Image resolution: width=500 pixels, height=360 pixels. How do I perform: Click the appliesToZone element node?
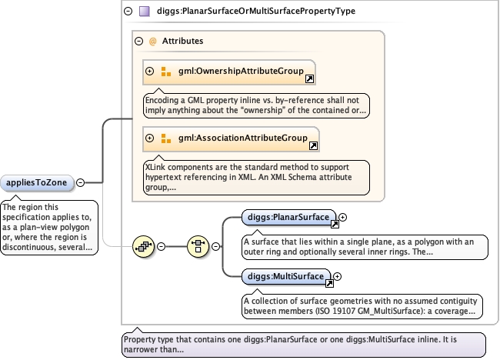(37, 183)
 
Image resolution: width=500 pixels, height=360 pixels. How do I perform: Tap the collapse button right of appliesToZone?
(80, 183)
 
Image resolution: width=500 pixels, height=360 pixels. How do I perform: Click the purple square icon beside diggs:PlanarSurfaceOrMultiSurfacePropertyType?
(145, 12)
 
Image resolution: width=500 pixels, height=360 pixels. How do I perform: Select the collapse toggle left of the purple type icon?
(128, 12)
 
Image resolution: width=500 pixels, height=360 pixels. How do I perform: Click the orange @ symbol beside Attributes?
(153, 41)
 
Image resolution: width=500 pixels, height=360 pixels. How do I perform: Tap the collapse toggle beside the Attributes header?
(138, 41)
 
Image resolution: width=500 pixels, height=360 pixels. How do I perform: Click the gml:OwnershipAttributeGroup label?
(241, 71)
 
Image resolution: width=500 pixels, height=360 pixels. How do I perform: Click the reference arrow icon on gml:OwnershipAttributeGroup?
(309, 78)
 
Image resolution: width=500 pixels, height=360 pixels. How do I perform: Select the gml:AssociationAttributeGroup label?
(242, 138)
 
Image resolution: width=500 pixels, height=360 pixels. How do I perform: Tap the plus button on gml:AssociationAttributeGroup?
(149, 138)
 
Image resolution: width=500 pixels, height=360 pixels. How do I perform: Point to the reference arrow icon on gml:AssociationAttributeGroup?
(313, 145)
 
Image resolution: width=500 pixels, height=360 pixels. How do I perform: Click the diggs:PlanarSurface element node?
(289, 217)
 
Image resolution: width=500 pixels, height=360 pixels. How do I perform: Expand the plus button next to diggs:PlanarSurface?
(342, 217)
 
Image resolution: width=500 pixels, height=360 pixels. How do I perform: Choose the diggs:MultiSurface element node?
(286, 276)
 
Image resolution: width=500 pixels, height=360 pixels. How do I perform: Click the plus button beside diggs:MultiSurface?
(337, 276)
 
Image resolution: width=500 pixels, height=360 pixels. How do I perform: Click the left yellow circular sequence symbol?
(144, 246)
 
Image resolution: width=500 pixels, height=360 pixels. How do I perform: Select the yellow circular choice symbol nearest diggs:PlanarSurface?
(198, 246)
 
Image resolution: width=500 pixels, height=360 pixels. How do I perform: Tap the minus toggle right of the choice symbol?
(216, 246)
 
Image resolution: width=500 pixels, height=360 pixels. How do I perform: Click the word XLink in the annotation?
(155, 167)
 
